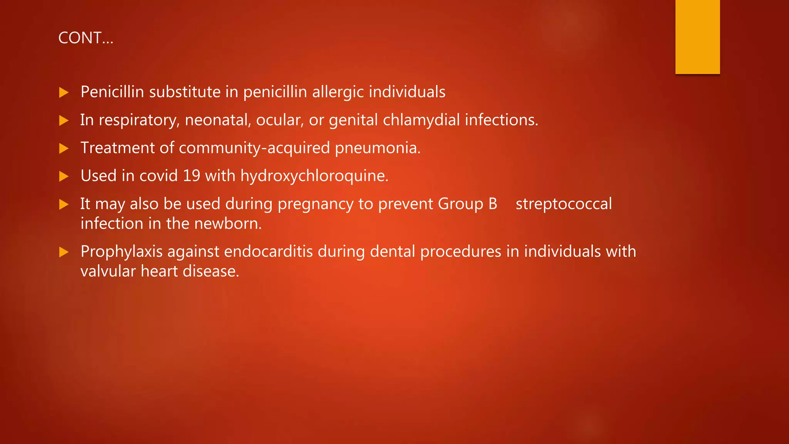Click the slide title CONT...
[x=86, y=38]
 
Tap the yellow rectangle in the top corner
[x=697, y=37]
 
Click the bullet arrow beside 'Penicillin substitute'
[x=64, y=92]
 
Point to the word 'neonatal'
[x=218, y=120]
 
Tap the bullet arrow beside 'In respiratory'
[x=64, y=121]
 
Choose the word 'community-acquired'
[x=254, y=148]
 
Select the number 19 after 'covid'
[x=191, y=176]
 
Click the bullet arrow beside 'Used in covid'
[x=64, y=177]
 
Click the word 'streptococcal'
[x=564, y=204]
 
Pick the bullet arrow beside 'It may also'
[x=64, y=204]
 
